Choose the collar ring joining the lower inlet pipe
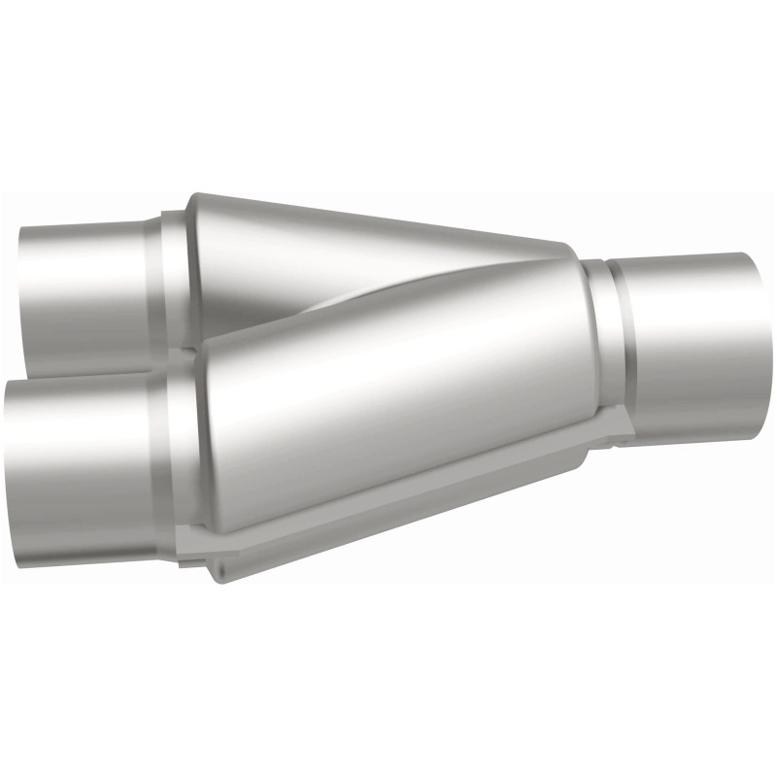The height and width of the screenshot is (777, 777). [x=185, y=456]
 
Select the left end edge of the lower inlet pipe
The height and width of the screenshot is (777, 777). [x=8, y=466]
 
